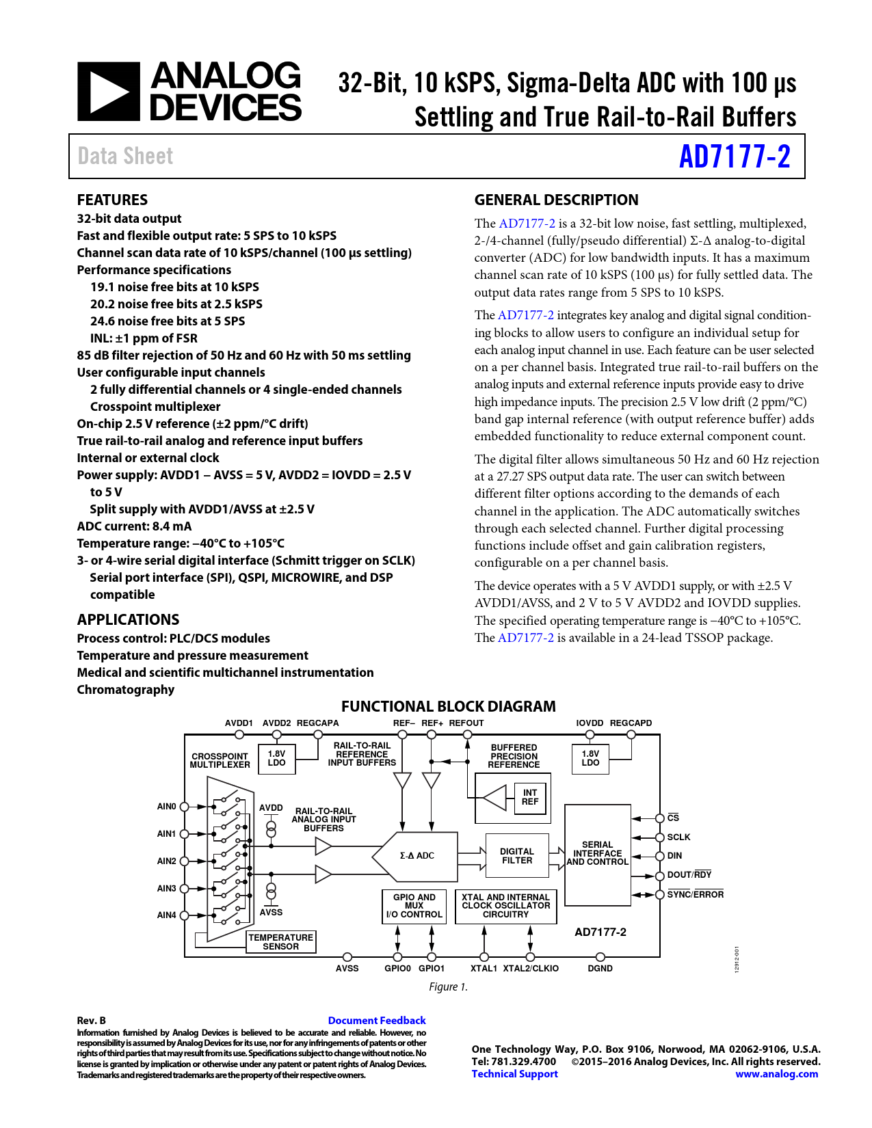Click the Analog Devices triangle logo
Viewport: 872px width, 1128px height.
point(109,92)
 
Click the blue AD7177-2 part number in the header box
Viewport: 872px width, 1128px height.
point(735,157)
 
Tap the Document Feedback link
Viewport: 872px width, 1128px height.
point(377,1020)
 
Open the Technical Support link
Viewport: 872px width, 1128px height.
point(514,1073)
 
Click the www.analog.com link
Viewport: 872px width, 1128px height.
point(776,1073)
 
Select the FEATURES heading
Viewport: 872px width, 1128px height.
point(112,200)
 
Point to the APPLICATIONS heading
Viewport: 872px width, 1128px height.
point(128,619)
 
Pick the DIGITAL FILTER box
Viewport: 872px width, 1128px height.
point(517,855)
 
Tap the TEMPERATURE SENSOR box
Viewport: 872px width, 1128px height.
point(280,941)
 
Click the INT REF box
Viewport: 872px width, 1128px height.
point(530,797)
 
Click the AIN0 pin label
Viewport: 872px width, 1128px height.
point(166,806)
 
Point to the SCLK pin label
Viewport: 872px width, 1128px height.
point(678,837)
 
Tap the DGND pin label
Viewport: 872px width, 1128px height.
point(600,968)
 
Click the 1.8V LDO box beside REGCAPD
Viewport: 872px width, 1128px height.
point(590,759)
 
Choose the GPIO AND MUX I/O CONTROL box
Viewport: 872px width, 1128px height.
point(414,907)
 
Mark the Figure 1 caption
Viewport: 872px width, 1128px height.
point(448,986)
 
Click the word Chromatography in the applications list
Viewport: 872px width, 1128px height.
point(126,690)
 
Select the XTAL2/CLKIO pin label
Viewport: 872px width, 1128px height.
point(530,968)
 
